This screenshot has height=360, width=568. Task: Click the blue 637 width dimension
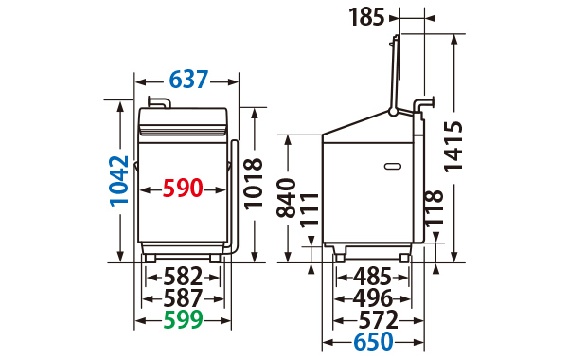(188, 80)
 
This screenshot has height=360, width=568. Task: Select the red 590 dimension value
(183, 188)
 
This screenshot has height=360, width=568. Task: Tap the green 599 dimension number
(183, 319)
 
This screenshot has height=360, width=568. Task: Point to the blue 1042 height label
(119, 181)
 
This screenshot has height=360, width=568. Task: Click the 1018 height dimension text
(253, 184)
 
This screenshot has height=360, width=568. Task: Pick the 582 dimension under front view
(183, 277)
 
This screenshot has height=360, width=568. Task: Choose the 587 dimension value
(183, 298)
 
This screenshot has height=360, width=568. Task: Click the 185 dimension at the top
(366, 17)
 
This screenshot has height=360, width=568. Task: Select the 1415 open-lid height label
(453, 146)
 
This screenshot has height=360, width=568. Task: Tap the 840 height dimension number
(286, 198)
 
